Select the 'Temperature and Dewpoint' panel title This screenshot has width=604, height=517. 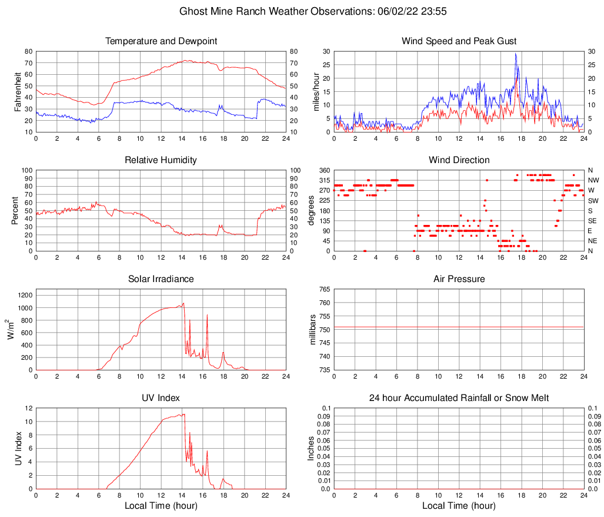[161, 41]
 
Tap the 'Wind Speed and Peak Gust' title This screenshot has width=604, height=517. [459, 41]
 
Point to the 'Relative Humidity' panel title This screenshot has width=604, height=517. [161, 160]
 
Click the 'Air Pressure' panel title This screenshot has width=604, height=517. [459, 279]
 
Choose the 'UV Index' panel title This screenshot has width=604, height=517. [161, 398]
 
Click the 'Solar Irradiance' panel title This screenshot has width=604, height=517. [161, 279]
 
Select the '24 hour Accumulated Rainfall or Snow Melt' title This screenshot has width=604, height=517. [459, 398]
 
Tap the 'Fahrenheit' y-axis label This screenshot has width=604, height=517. [17, 91]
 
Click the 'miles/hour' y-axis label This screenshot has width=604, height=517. [316, 91]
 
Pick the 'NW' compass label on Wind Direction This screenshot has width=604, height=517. [593, 180]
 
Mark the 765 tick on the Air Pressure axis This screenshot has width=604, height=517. [323, 289]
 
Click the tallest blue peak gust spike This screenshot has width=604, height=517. [516, 54]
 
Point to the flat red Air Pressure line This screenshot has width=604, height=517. [459, 327]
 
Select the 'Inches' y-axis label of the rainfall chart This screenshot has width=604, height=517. [312, 448]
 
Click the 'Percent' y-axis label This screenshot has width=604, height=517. [15, 210]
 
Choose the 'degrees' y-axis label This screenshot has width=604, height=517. [312, 210]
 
